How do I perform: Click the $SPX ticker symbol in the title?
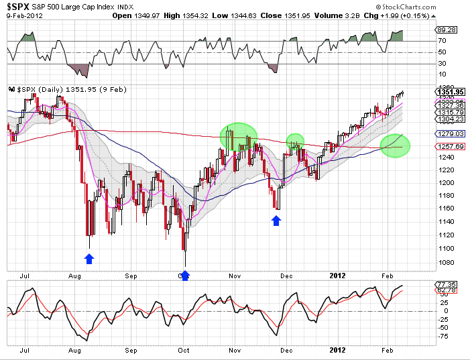tap(19, 5)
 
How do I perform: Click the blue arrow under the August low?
tap(90, 259)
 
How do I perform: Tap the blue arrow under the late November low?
tap(276, 219)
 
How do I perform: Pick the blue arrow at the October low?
tap(185, 274)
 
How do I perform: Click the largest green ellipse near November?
tap(239, 136)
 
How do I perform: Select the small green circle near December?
tap(295, 141)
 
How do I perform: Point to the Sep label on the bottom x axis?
tap(131, 349)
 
